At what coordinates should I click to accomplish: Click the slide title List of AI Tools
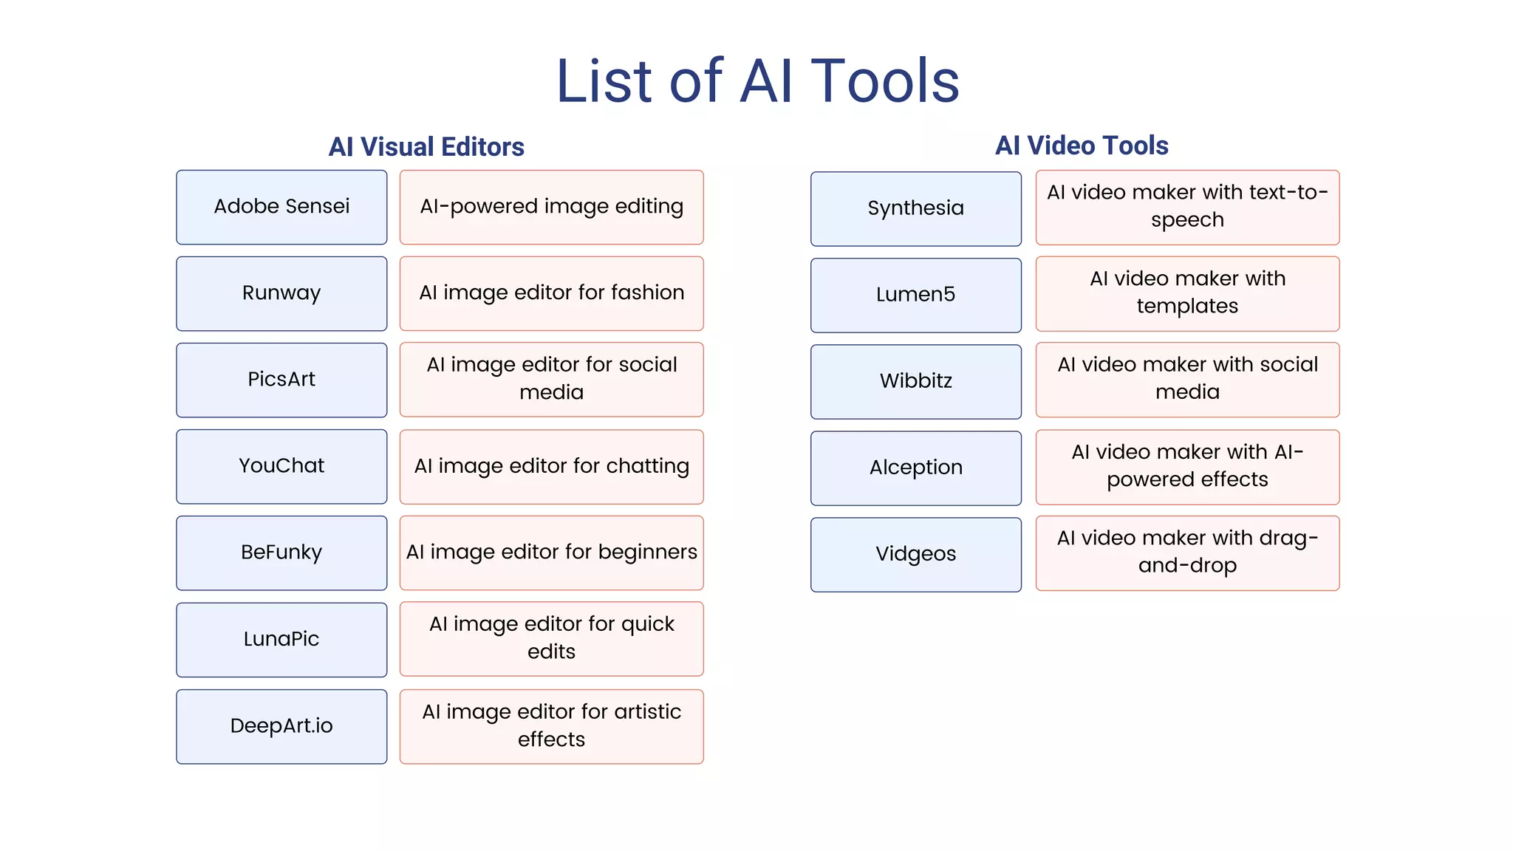[x=757, y=81]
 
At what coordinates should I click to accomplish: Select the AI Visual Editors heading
[x=426, y=147]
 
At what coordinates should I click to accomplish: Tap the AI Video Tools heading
[x=1082, y=146]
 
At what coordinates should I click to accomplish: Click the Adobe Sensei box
[x=281, y=207]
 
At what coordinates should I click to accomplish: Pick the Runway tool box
[x=281, y=293]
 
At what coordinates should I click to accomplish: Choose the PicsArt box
[x=281, y=380]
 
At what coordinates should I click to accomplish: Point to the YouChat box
[x=281, y=466]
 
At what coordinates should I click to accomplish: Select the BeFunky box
[x=281, y=553]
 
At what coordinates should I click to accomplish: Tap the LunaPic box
[x=281, y=639]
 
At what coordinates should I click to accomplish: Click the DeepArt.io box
[x=281, y=726]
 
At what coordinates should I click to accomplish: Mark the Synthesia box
[x=915, y=208]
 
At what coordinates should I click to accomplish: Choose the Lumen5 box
[x=915, y=295]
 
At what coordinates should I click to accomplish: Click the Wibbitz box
[x=915, y=381]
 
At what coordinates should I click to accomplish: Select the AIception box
[x=915, y=468]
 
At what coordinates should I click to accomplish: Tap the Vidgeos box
[x=915, y=554]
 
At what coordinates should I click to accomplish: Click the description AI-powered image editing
[x=551, y=207]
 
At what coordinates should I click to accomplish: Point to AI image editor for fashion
[x=551, y=293]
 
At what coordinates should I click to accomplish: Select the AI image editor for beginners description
[x=551, y=553]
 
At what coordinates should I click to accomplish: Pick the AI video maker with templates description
[x=1187, y=293]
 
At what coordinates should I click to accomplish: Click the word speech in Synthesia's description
[x=1187, y=220]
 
